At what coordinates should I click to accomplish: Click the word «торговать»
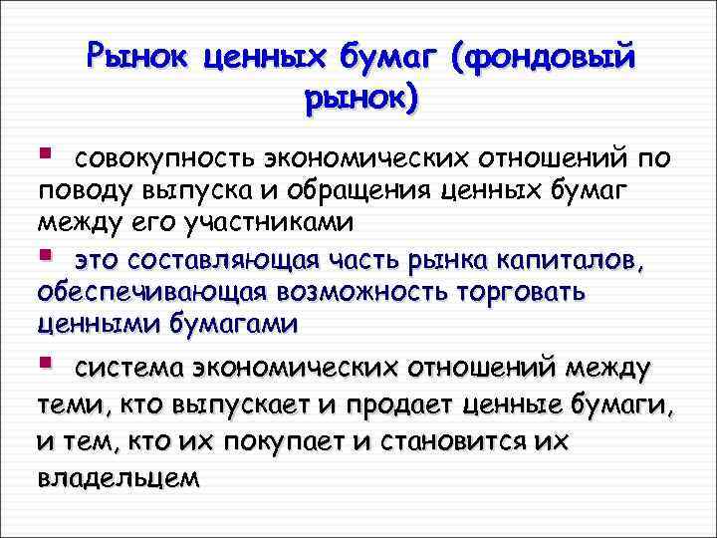coord(533,293)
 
